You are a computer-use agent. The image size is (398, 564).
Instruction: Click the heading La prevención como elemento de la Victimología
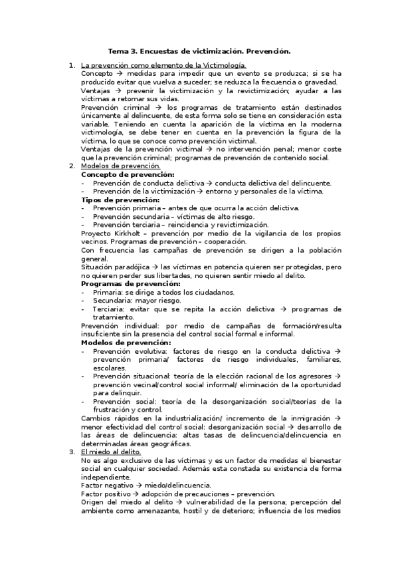[x=163, y=65]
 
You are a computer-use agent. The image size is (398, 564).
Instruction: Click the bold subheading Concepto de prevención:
[x=128, y=174]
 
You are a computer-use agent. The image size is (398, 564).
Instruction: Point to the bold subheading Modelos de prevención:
[x=126, y=343]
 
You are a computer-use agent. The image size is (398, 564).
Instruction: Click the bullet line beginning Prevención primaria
[x=195, y=208]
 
